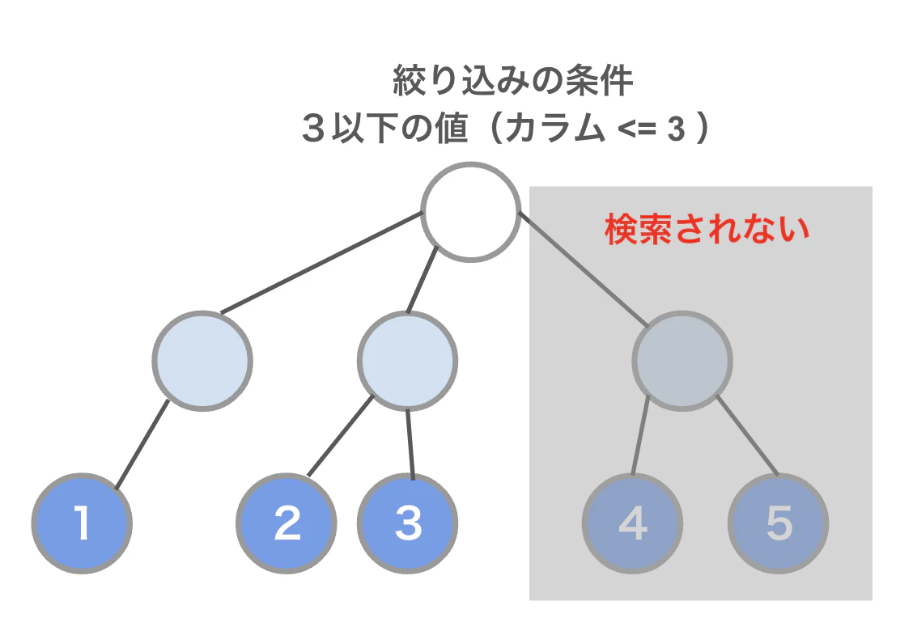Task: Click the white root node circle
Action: [x=470, y=212]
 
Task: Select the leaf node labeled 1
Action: [x=83, y=523]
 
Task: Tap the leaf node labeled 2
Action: [x=287, y=523]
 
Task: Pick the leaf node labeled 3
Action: [x=408, y=523]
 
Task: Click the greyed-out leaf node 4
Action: [x=632, y=523]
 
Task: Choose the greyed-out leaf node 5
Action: [x=778, y=523]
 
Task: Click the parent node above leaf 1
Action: [x=202, y=360]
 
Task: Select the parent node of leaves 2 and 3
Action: [x=407, y=360]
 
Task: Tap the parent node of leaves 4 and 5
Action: [x=682, y=360]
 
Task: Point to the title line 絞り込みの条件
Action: [x=512, y=83]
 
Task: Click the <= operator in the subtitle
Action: [x=635, y=131]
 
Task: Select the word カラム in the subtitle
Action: [x=554, y=130]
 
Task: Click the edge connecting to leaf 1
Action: [x=142, y=444]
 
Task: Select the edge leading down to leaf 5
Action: [x=746, y=437]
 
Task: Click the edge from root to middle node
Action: [x=423, y=280]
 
